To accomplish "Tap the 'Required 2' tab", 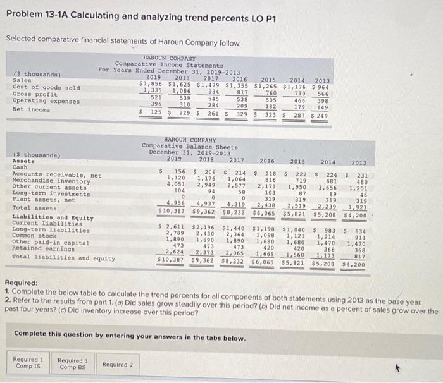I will (118, 364).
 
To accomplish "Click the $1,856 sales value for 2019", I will (152, 84).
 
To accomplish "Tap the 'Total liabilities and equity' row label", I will (63, 258).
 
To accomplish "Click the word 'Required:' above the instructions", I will (23, 283).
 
